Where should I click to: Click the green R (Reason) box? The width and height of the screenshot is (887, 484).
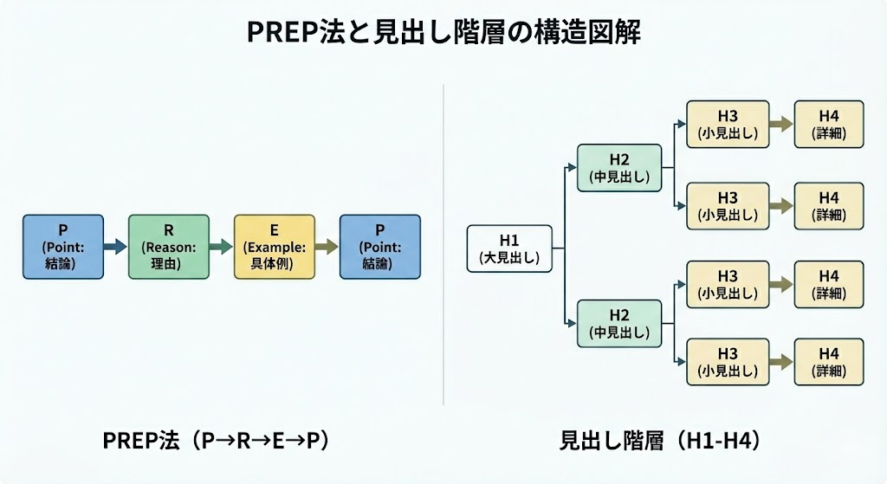click(x=168, y=247)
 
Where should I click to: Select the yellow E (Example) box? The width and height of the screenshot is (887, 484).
click(x=274, y=247)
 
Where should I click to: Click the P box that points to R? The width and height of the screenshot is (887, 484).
click(x=62, y=247)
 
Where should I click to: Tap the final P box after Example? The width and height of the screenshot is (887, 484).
click(x=379, y=247)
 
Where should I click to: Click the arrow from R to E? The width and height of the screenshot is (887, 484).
click(x=221, y=247)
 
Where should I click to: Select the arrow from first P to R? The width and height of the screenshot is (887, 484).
click(x=115, y=247)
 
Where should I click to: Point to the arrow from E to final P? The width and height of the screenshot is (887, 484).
click(x=327, y=247)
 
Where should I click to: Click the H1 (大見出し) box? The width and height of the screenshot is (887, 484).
click(x=509, y=248)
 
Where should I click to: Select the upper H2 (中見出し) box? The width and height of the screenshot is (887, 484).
click(x=619, y=168)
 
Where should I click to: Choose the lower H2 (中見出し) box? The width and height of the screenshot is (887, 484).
click(x=619, y=323)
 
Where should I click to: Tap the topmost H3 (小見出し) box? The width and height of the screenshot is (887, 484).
click(x=728, y=124)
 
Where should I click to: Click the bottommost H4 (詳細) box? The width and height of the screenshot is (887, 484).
click(x=829, y=362)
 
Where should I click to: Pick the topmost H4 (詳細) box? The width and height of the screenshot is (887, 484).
click(x=829, y=124)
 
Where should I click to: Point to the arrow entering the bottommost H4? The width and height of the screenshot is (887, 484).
click(x=781, y=362)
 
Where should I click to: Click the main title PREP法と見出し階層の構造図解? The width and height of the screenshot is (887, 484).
click(x=443, y=33)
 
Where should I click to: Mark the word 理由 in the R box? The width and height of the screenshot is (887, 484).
click(x=168, y=262)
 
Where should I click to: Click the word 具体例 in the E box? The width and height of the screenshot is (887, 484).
click(x=274, y=262)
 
